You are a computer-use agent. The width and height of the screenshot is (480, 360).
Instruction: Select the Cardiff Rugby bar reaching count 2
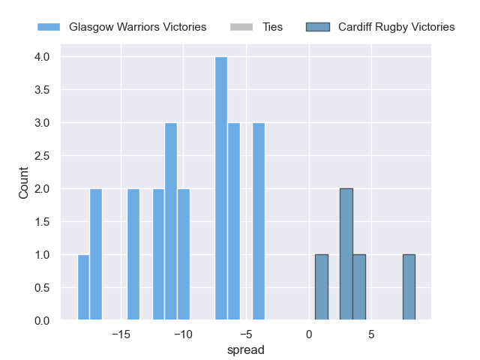(x=346, y=255)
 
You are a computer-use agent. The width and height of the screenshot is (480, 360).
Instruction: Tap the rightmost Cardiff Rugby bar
(x=409, y=288)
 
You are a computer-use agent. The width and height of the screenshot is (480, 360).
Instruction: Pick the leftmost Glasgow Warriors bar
(x=83, y=288)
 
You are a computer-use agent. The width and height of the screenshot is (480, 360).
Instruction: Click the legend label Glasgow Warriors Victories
(x=137, y=27)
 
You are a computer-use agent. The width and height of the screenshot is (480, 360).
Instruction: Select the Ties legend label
(x=272, y=27)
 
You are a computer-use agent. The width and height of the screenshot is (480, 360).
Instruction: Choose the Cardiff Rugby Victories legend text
(x=396, y=27)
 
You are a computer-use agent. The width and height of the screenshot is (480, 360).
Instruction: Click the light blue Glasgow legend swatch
(x=49, y=27)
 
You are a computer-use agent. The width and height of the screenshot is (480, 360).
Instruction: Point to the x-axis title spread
(x=246, y=350)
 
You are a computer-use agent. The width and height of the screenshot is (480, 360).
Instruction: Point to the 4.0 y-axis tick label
(x=41, y=57)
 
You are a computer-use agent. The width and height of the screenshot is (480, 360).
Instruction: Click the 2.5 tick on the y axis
(x=41, y=156)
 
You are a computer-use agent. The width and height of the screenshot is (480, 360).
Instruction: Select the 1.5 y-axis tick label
(x=41, y=222)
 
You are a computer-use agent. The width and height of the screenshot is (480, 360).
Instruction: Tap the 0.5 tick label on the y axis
(x=41, y=288)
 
